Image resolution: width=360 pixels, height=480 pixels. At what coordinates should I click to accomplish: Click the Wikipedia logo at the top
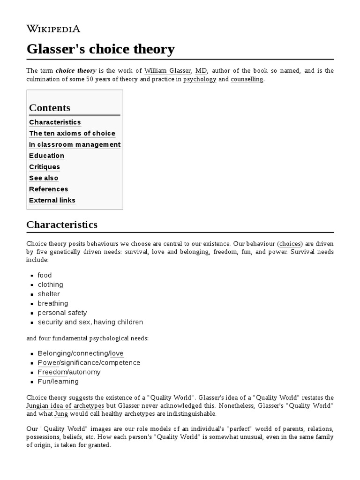pyautogui.click(x=53, y=29)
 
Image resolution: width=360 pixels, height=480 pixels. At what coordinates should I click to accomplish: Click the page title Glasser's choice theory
pyautogui.click(x=100, y=49)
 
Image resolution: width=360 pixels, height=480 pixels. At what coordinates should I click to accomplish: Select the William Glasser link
pyautogui.click(x=168, y=70)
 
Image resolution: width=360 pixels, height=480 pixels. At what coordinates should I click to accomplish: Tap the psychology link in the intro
pyautogui.click(x=200, y=79)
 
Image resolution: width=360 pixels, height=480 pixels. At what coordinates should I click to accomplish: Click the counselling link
pyautogui.click(x=247, y=79)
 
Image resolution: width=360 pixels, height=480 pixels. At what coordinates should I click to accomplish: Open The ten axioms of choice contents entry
pyautogui.click(x=72, y=133)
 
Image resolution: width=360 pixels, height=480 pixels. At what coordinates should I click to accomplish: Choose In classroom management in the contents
pyautogui.click(x=75, y=144)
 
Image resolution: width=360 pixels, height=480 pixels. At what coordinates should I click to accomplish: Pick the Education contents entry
pyautogui.click(x=46, y=156)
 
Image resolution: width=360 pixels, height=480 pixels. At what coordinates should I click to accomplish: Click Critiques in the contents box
pyautogui.click(x=45, y=167)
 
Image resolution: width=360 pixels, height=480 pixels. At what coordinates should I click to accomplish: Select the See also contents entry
pyautogui.click(x=44, y=178)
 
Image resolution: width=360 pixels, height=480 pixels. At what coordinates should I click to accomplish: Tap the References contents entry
pyautogui.click(x=48, y=189)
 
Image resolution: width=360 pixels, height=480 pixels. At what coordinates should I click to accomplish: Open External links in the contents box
pyautogui.click(x=52, y=201)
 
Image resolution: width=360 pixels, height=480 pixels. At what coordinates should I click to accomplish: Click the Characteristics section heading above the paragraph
pyautogui.click(x=62, y=225)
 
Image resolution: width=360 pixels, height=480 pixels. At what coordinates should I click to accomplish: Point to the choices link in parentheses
pyautogui.click(x=291, y=244)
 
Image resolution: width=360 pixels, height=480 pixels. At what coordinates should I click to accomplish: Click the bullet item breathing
pyautogui.click(x=53, y=303)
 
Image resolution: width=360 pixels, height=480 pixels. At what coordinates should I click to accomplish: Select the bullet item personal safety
pyautogui.click(x=62, y=313)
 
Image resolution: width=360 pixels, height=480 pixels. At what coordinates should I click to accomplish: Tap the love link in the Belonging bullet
pyautogui.click(x=117, y=353)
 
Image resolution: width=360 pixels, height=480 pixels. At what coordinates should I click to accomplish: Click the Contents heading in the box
pyautogui.click(x=50, y=108)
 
